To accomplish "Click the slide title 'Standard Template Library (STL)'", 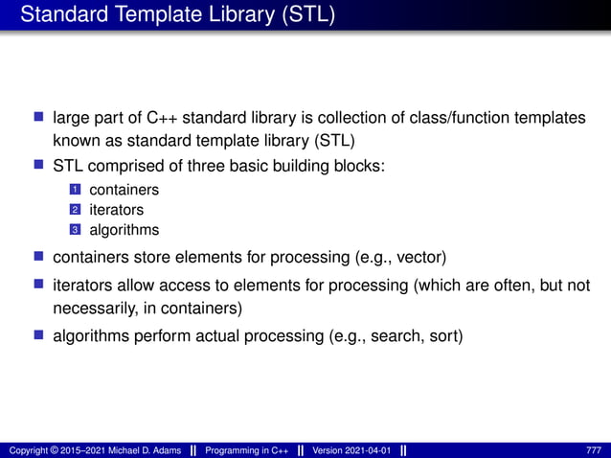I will point(177,16).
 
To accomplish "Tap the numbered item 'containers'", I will point(124,190).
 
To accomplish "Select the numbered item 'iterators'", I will point(116,210).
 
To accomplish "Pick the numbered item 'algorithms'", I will point(124,230).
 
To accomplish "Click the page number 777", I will point(594,450).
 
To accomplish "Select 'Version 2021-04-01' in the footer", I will point(351,450).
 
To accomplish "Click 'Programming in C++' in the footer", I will point(247,450).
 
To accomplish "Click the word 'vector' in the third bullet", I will point(418,258).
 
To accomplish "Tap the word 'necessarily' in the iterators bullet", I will point(92,309).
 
